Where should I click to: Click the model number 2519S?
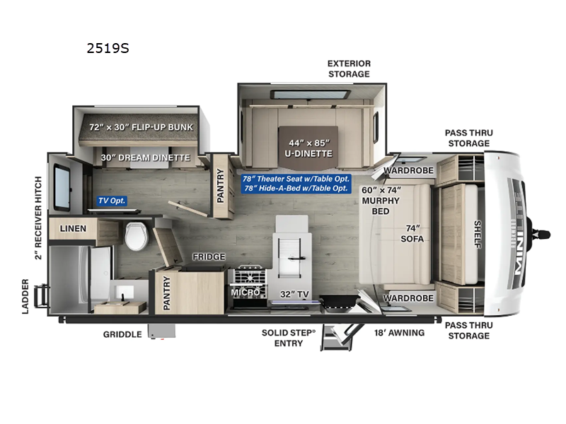tap(107, 49)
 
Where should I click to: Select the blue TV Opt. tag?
tap(112, 201)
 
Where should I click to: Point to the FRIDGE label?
tap(209, 257)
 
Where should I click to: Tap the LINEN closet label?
tap(73, 228)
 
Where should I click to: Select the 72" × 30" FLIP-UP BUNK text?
tap(141, 127)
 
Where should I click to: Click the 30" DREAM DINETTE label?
tap(144, 158)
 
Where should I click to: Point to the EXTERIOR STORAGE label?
tap(348, 69)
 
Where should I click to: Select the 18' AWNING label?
tap(400, 332)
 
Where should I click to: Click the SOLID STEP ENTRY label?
tap(282, 338)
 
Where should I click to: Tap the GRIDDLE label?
tap(122, 334)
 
